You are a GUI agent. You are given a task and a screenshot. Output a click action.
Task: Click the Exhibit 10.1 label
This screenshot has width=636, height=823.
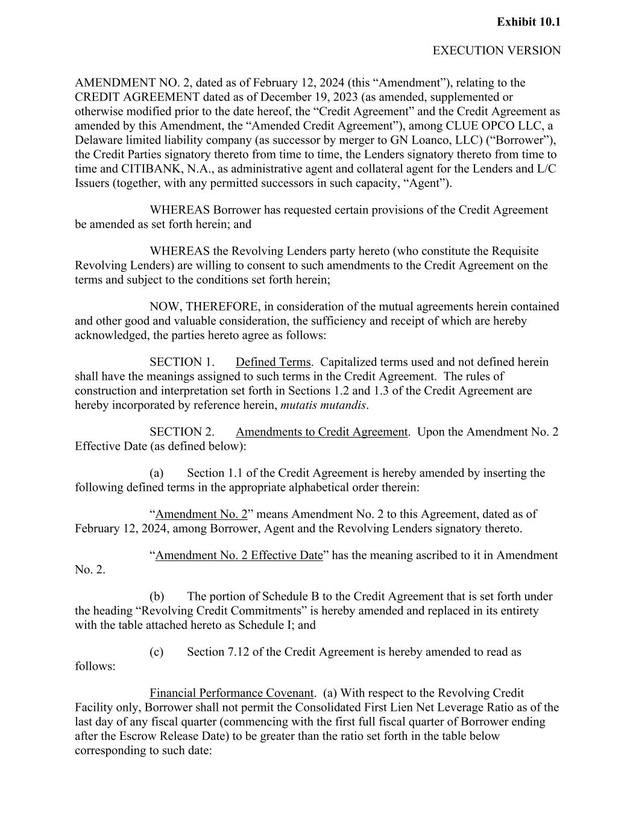tap(528, 22)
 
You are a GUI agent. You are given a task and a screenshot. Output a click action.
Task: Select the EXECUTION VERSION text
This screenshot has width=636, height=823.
tap(496, 51)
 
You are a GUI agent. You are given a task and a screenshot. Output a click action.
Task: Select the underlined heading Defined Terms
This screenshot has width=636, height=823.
tap(273, 362)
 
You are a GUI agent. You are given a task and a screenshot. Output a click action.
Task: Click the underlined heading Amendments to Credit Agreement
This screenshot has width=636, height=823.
tap(321, 432)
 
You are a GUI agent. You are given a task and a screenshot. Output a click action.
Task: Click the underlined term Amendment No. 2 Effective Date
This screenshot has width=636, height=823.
tap(239, 555)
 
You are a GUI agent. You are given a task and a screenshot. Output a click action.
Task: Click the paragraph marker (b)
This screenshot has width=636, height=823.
tap(157, 597)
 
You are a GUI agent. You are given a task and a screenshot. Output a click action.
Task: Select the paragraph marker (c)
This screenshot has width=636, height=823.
tap(156, 652)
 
